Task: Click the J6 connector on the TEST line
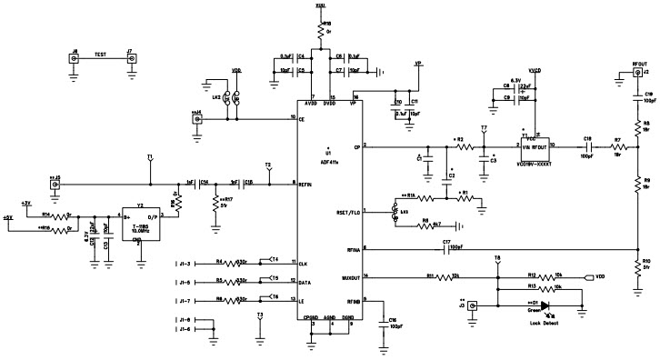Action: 75,59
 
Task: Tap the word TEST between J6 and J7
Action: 103,55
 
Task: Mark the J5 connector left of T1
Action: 56,185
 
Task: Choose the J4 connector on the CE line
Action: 198,117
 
